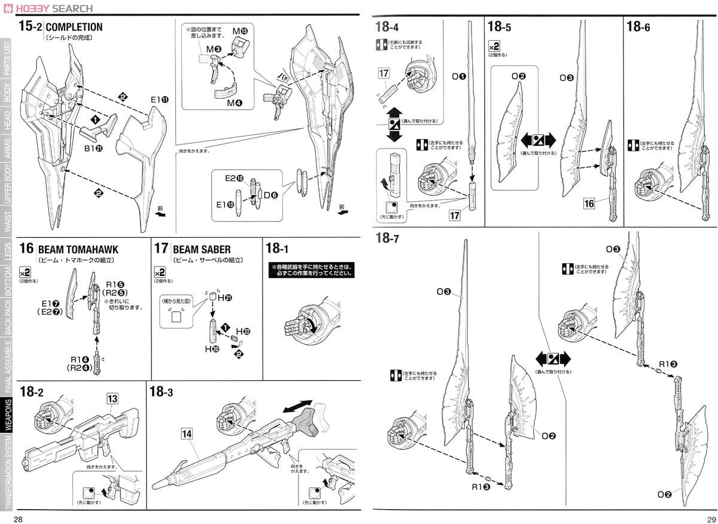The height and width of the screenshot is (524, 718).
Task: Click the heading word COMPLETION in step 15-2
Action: click(x=74, y=27)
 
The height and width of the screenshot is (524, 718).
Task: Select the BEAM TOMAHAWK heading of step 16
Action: click(x=78, y=249)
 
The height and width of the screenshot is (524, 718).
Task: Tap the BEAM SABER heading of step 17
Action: click(x=201, y=249)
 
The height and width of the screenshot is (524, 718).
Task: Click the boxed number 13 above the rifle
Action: click(x=112, y=398)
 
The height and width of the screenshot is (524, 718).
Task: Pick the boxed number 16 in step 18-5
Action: click(x=589, y=204)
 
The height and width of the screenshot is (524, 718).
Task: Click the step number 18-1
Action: click(x=281, y=249)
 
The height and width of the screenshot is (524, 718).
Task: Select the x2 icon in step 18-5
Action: click(x=494, y=46)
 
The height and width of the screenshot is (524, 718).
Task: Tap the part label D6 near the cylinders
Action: click(x=271, y=194)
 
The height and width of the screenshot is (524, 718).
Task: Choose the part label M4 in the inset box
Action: click(x=234, y=103)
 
